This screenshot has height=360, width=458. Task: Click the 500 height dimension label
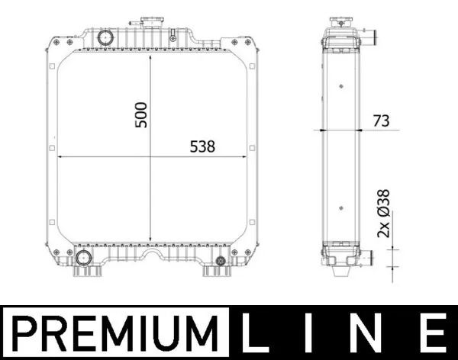tap(141, 114)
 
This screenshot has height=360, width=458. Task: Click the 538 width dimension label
tap(202, 146)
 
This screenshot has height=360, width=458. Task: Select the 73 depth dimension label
tap(381, 121)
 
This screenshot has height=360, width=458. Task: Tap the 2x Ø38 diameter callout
tap(383, 214)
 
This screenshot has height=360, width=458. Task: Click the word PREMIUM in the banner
tap(115, 333)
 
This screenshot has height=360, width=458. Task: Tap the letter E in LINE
tap(435, 333)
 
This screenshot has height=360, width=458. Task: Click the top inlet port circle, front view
tap(105, 37)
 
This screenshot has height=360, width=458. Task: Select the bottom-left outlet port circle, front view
tap(82, 259)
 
